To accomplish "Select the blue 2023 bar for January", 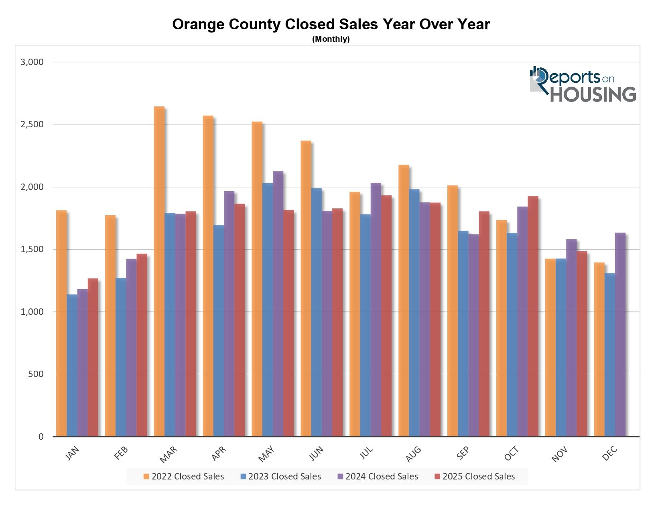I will coord(72,365).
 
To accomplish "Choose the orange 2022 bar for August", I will coord(404,301).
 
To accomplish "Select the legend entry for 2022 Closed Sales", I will coord(184,477).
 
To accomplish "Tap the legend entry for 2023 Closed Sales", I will coord(281,477).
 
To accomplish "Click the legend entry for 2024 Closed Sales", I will coord(378,477).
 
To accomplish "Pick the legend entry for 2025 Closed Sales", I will coord(475,477).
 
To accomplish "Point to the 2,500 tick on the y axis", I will coord(32,124).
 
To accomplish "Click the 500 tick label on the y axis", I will coord(35,374).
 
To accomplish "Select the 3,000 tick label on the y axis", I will coord(32,62).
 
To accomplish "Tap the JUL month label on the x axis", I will coord(366,453).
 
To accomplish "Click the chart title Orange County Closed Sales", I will coord(331,24).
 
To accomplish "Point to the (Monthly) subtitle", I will coord(331,39).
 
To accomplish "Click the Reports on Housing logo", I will coord(583,84).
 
